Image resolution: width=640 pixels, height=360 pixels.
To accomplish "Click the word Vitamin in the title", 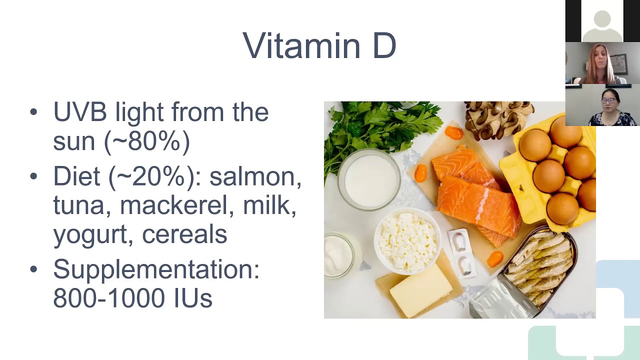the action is pyautogui.click(x=301, y=45).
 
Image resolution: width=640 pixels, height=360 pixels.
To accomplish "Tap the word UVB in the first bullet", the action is pyautogui.click(x=80, y=111).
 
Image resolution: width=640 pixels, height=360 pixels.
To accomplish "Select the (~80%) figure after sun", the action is pyautogui.click(x=147, y=141).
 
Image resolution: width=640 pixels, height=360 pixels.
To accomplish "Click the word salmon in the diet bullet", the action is pyautogui.click(x=255, y=176).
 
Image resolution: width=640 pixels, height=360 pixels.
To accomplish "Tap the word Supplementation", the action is pyautogui.click(x=156, y=269).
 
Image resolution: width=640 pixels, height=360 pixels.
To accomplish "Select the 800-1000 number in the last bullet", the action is pyautogui.click(x=109, y=297).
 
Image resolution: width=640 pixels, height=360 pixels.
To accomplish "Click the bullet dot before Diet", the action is pyautogui.click(x=33, y=176).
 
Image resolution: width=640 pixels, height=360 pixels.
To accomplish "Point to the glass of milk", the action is pyautogui.click(x=369, y=179).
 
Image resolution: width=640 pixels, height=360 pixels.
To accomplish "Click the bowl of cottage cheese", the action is pyautogui.click(x=407, y=241).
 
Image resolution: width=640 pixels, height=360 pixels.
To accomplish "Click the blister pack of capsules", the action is pyautogui.click(x=461, y=253).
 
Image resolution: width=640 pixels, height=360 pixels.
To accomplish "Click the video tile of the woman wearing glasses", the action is pyautogui.click(x=602, y=105).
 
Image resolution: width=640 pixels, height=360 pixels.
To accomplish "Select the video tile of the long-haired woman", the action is pyautogui.click(x=602, y=63).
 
